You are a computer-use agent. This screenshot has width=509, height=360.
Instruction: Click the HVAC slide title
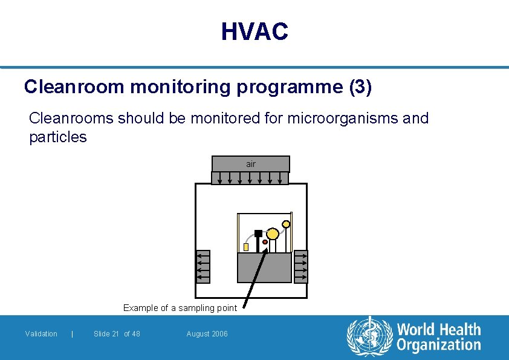(254, 31)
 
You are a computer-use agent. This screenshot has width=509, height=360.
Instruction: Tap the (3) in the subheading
(360, 87)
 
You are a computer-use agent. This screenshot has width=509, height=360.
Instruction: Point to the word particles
(58, 137)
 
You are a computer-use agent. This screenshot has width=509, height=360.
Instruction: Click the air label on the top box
(251, 164)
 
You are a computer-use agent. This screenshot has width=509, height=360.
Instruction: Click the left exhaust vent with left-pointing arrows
(203, 266)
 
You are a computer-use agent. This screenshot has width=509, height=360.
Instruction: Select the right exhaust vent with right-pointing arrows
(300, 266)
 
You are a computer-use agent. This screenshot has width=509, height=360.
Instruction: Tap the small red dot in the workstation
(265, 242)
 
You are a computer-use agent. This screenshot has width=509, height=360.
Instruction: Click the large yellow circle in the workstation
(273, 234)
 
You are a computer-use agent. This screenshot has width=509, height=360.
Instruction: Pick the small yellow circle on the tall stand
(286, 224)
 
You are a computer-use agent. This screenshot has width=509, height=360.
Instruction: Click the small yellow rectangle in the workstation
(246, 247)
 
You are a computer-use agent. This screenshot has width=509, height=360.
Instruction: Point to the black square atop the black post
(258, 233)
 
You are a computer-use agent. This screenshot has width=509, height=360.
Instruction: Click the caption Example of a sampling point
(180, 308)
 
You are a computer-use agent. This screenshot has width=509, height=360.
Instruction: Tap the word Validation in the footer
(41, 334)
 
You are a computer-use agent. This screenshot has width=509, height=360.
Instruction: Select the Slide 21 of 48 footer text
(117, 334)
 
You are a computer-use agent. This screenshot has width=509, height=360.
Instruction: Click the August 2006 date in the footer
(207, 334)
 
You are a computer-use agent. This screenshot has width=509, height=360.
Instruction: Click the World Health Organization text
(438, 337)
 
